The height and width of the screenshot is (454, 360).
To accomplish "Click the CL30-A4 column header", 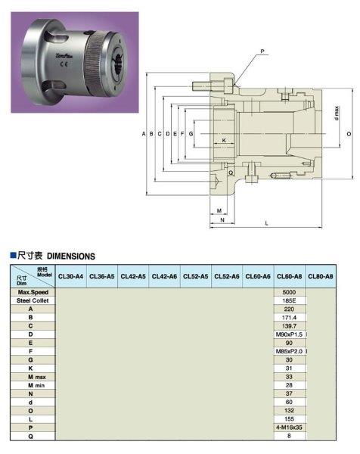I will tap(72, 277).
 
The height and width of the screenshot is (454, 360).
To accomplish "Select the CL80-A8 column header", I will tap(321, 277).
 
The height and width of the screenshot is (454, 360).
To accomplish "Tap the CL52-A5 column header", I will tap(196, 277).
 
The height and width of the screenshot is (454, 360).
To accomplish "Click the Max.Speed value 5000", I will tap(289, 292).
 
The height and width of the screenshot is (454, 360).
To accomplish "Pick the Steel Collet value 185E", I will tap(289, 300).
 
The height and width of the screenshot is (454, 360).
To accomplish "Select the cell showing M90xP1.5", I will tap(289, 334).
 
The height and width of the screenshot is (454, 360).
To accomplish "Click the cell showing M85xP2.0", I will tap(289, 350).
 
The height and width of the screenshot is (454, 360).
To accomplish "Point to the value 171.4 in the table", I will tap(289, 317).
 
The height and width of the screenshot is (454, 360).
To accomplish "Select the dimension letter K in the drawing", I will tap(225, 140).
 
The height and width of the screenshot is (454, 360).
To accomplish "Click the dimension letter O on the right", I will tap(349, 133).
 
